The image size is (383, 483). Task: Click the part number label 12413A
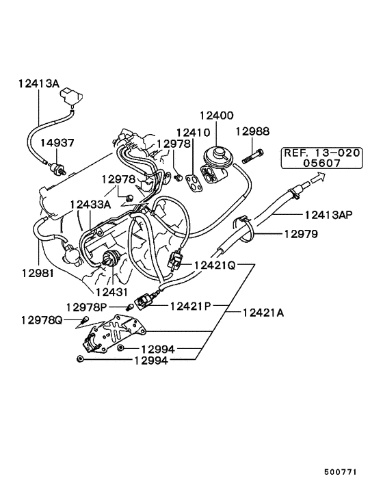pyautogui.click(x=39, y=83)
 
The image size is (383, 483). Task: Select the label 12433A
pyautogui.click(x=90, y=204)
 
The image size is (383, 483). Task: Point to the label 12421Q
pyautogui.click(x=215, y=265)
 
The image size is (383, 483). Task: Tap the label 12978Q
pyautogui.click(x=41, y=319)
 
